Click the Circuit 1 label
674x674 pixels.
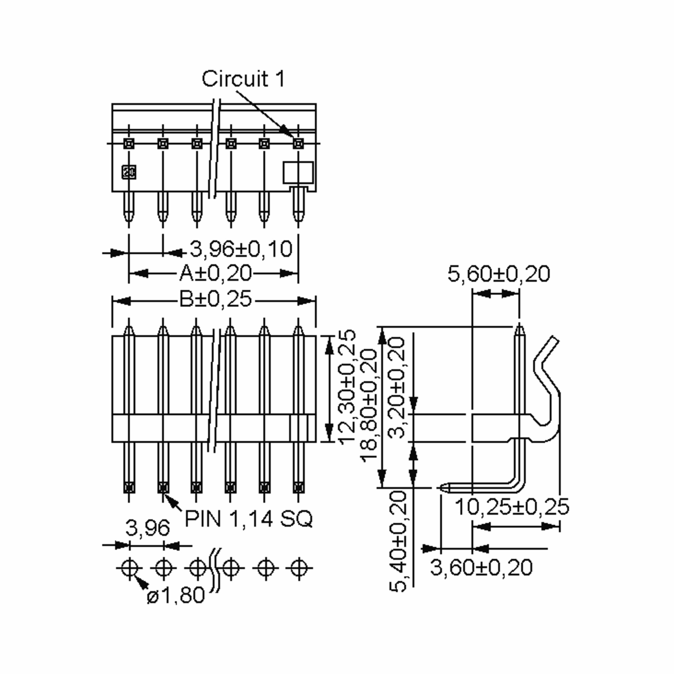(243, 79)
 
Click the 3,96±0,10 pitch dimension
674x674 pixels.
(241, 249)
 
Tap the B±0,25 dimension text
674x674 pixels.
(215, 299)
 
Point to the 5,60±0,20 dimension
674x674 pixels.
(498, 274)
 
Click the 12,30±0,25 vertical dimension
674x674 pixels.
(347, 387)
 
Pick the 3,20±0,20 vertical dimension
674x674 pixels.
(397, 387)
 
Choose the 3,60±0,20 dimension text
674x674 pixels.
(481, 567)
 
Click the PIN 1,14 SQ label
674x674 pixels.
(248, 519)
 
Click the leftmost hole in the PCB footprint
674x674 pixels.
(129, 568)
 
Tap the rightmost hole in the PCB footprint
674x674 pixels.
(299, 568)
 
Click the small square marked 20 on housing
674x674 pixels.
(129, 172)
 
